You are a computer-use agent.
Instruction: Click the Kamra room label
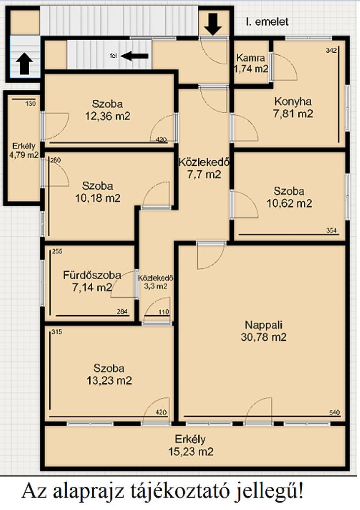tap(251, 64)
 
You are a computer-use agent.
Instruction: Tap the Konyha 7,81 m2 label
tap(293, 108)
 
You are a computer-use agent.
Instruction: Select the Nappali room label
tap(263, 331)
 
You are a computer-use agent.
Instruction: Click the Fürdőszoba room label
tap(92, 281)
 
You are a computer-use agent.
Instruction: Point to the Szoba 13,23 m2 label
tap(109, 374)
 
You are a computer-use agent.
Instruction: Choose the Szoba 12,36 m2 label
tap(108, 110)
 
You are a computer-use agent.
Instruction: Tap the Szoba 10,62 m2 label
tap(289, 197)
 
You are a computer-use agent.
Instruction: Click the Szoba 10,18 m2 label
tap(98, 192)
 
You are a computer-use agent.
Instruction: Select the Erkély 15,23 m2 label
tap(190, 445)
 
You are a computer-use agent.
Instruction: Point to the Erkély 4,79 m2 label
tap(24, 150)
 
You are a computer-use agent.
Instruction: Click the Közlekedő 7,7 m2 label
tap(204, 168)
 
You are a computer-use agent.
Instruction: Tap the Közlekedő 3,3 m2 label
tap(155, 282)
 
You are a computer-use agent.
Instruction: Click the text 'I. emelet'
tap(267, 22)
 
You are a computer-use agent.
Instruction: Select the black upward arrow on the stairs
tap(24, 64)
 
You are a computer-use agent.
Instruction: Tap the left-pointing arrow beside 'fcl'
tap(135, 56)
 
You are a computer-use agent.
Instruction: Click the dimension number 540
tap(334, 413)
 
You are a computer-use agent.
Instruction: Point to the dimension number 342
tap(331, 50)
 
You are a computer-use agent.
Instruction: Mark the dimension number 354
tap(332, 231)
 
